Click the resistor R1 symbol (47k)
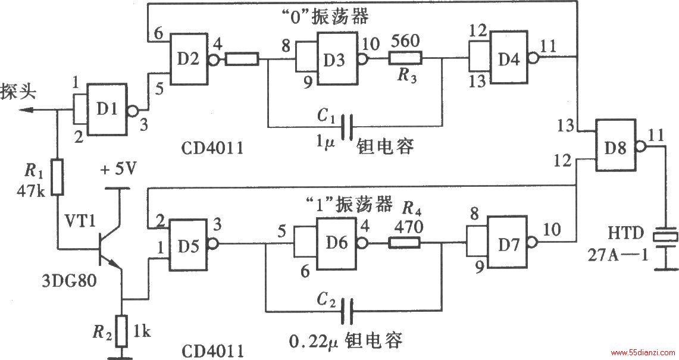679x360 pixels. pyautogui.click(x=58, y=177)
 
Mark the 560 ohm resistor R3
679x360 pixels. pyautogui.click(x=405, y=58)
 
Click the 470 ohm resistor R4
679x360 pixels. pyautogui.click(x=405, y=243)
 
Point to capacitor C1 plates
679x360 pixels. pyautogui.click(x=347, y=127)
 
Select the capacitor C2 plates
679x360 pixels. pyautogui.click(x=348, y=311)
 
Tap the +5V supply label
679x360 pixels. pyautogui.click(x=117, y=168)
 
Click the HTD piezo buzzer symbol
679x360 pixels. pyautogui.click(x=665, y=237)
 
